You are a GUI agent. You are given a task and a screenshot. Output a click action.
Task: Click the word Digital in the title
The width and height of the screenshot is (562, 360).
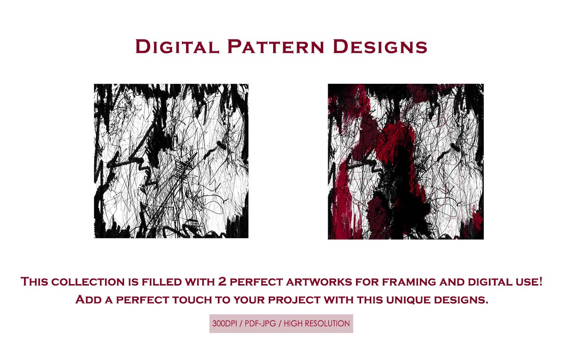177,47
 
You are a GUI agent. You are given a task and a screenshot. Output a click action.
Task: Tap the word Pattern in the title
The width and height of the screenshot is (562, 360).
276,47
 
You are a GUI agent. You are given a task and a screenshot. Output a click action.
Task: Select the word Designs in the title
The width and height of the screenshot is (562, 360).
380,47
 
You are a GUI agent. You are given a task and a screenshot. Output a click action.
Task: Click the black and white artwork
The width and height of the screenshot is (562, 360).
171,161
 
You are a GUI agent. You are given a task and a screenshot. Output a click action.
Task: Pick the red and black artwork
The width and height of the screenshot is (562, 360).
406,161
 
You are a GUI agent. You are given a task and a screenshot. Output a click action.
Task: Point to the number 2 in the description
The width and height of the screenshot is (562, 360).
222,281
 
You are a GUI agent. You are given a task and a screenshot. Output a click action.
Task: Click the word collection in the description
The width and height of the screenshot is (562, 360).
88,281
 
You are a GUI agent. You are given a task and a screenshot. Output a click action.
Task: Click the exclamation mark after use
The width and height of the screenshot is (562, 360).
540,281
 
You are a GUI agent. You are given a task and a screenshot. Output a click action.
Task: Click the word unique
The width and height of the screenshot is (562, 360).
408,300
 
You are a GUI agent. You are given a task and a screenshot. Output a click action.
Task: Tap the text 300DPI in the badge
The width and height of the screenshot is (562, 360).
225,323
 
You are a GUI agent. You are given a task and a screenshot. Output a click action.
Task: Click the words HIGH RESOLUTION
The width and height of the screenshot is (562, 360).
317,323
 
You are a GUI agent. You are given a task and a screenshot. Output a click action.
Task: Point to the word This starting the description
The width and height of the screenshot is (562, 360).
34,281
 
